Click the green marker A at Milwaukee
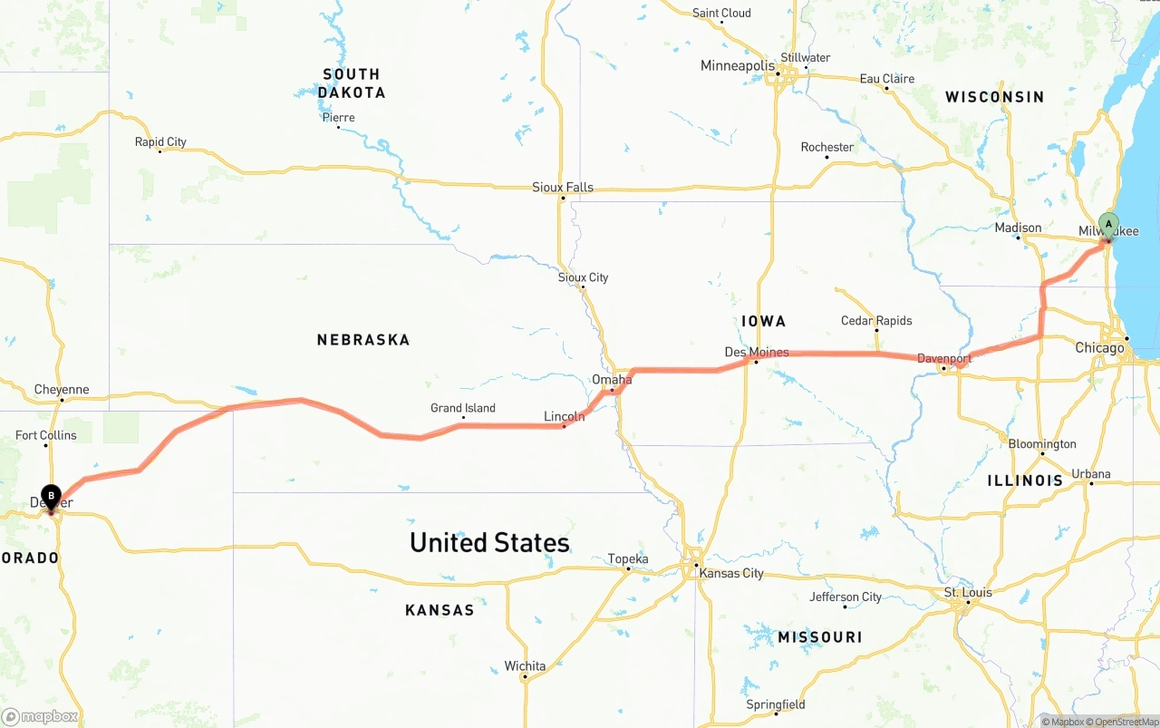[1107, 224]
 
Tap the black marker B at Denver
[52, 496]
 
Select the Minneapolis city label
[738, 66]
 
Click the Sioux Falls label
[562, 188]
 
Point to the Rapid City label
[160, 141]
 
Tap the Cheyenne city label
[62, 390]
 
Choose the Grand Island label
[462, 408]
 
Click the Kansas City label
[731, 573]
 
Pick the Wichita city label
[525, 666]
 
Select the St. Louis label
[968, 593]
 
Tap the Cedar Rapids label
[876, 321]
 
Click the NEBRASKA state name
[363, 340]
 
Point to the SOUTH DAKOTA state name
[352, 83]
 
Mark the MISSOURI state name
[820, 637]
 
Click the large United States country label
[489, 542]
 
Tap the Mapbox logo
[41, 717]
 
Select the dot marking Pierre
[338, 127]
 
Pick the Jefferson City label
[846, 597]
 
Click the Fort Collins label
[46, 435]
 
